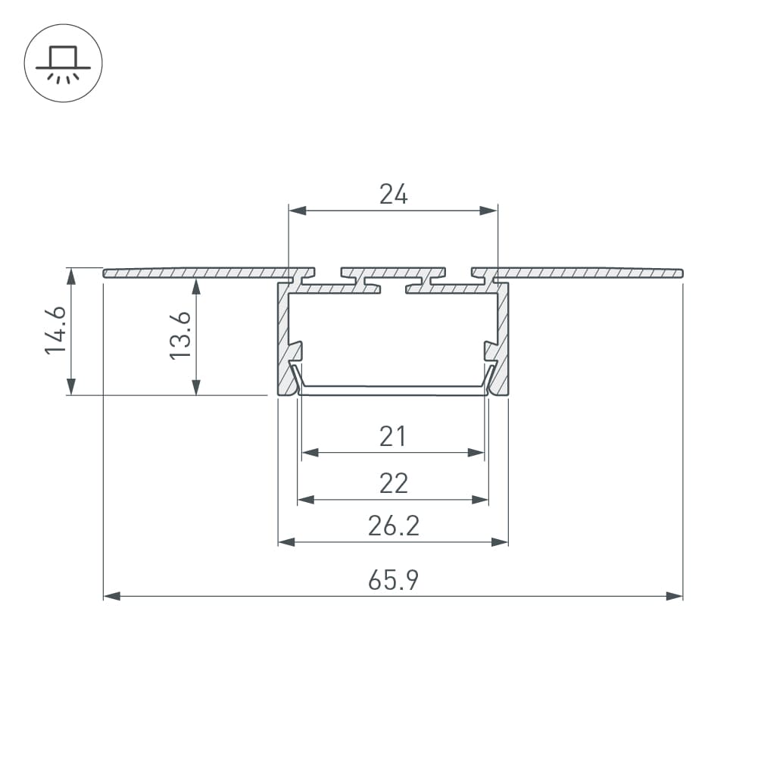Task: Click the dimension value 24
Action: pos(394,195)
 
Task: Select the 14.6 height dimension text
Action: pos(55,330)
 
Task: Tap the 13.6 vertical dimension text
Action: pos(179,335)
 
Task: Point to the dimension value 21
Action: pos(392,436)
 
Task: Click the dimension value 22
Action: pos(394,483)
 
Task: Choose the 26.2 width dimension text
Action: pos(394,526)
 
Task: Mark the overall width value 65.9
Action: pos(393,580)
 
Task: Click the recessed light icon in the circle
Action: pos(64,64)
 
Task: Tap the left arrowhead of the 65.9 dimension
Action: pos(111,596)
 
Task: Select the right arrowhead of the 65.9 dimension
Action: pos(675,596)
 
